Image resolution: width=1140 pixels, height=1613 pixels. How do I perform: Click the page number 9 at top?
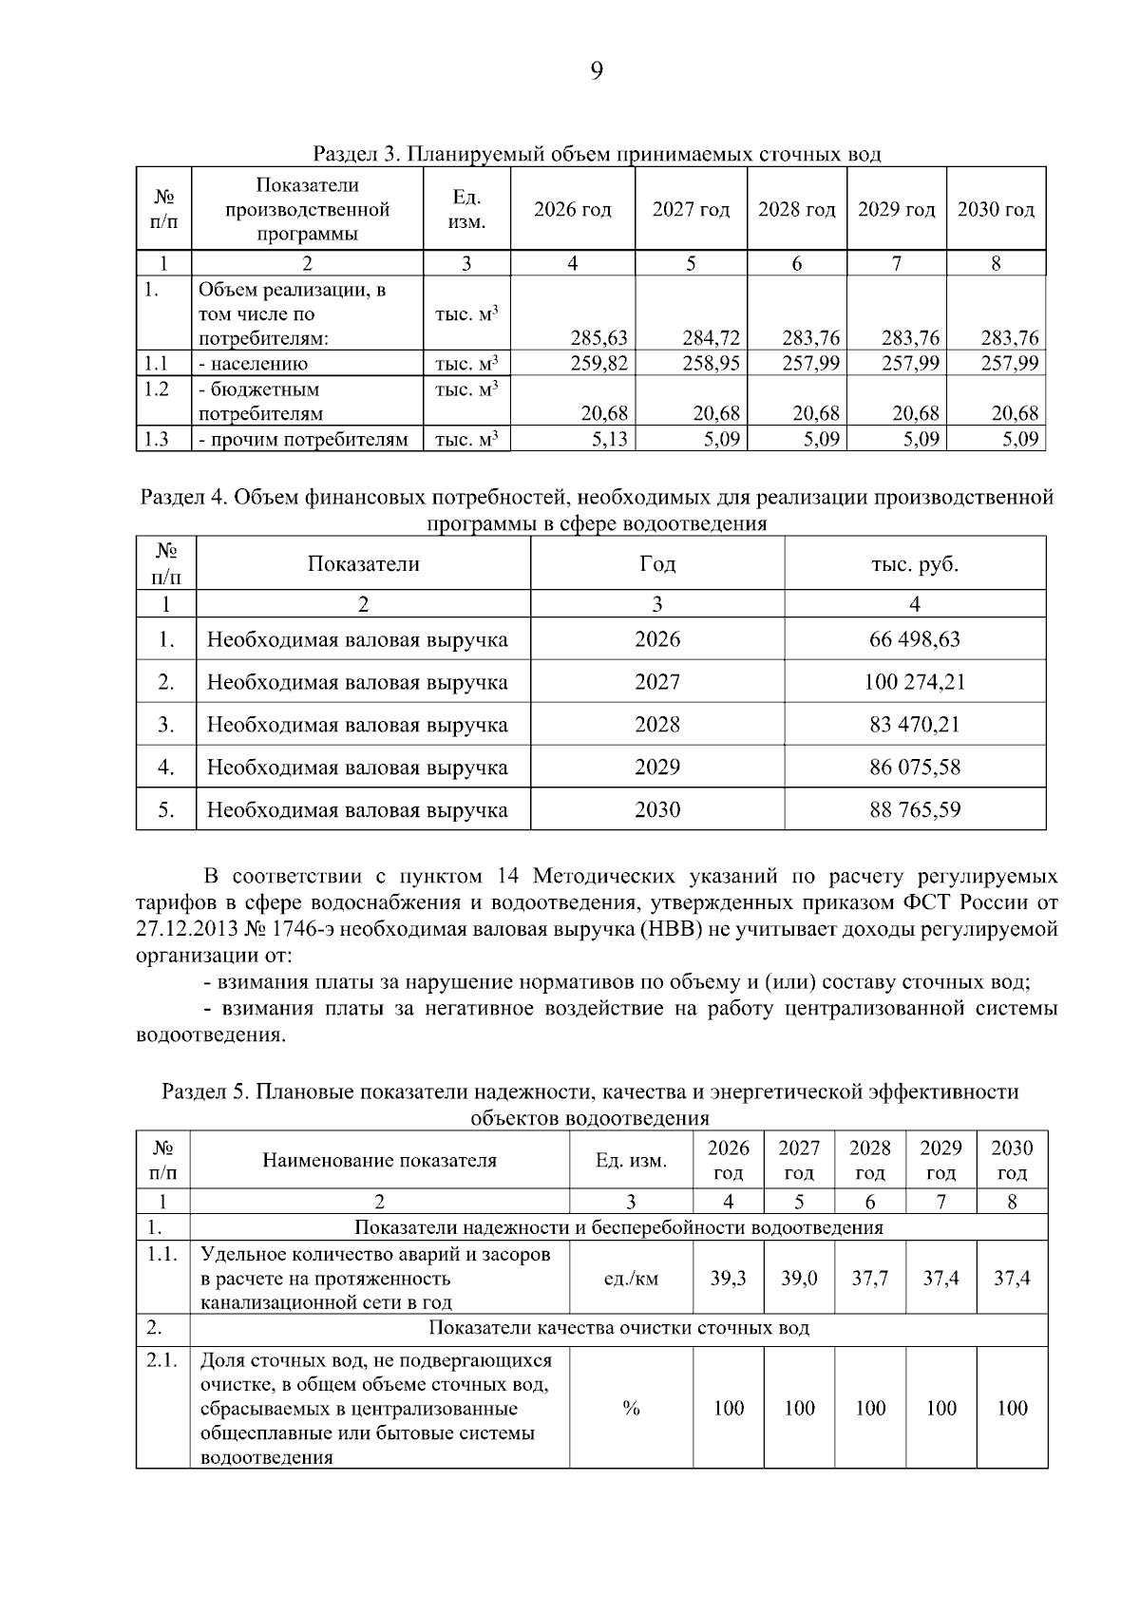(x=597, y=71)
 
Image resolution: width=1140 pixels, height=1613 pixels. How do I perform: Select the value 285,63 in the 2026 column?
(x=598, y=337)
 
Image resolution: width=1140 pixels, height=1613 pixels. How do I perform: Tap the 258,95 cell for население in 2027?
(x=712, y=363)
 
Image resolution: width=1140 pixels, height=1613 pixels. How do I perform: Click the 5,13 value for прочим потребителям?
(x=609, y=439)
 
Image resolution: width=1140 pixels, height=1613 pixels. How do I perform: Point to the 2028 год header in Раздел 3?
(x=796, y=209)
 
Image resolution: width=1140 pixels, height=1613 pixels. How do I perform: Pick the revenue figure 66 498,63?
(x=914, y=639)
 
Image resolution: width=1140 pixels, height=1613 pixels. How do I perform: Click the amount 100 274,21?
(x=914, y=682)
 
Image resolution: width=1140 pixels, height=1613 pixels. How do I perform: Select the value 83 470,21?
(x=914, y=725)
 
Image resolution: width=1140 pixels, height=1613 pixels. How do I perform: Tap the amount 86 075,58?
(x=914, y=768)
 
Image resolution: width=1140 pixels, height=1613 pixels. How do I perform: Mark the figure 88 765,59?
(x=914, y=810)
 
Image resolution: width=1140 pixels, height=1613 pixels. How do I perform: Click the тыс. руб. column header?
(x=914, y=564)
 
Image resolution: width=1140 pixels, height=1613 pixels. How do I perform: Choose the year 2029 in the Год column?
(x=657, y=768)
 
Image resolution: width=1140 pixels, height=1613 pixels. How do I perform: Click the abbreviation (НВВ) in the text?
(x=671, y=928)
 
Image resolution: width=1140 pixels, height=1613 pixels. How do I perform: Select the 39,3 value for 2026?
(x=728, y=1279)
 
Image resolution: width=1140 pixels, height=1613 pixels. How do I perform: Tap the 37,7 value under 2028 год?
(x=869, y=1279)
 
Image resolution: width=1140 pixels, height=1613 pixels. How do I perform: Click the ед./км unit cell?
(x=631, y=1279)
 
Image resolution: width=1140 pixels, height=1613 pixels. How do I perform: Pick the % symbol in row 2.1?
(x=631, y=1408)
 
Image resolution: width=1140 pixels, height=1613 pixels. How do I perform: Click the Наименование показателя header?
(x=379, y=1160)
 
